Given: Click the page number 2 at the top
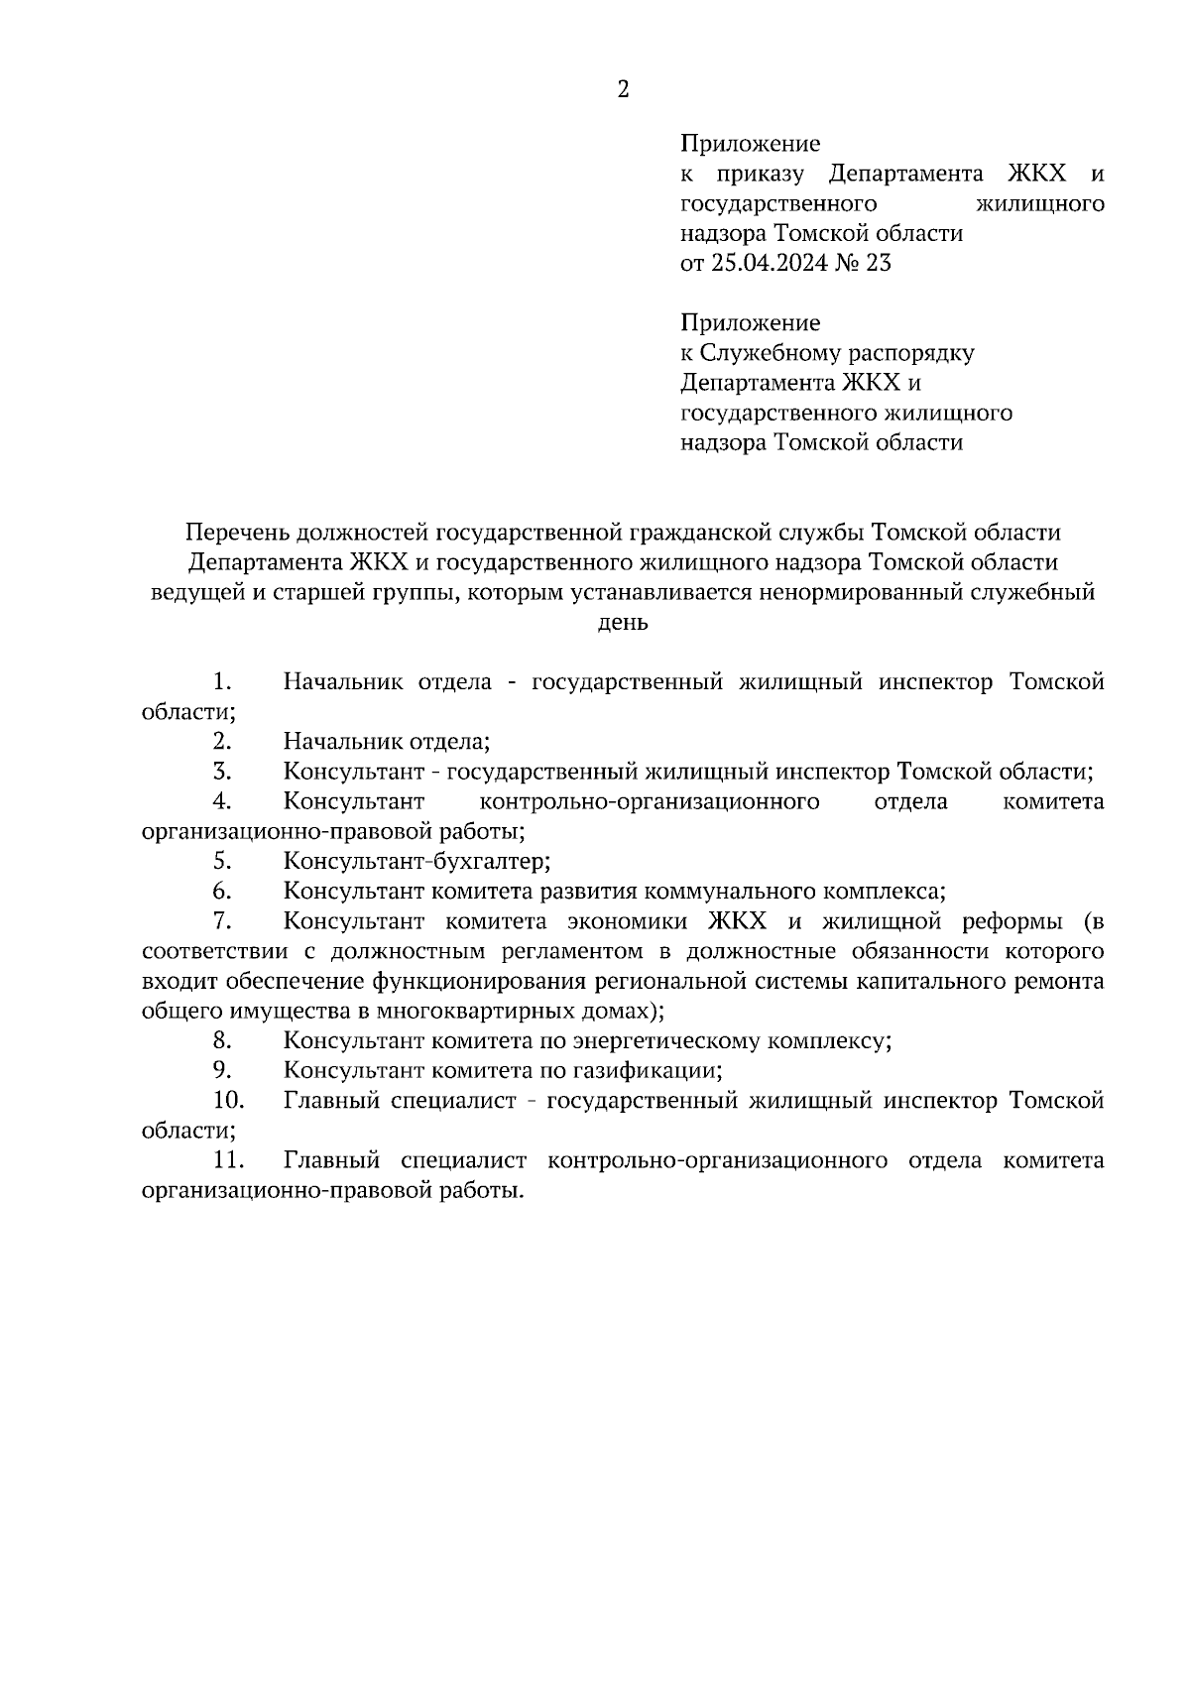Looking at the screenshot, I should [623, 90].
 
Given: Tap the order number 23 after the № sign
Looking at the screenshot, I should [878, 264].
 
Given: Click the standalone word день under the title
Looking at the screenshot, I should [623, 623].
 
